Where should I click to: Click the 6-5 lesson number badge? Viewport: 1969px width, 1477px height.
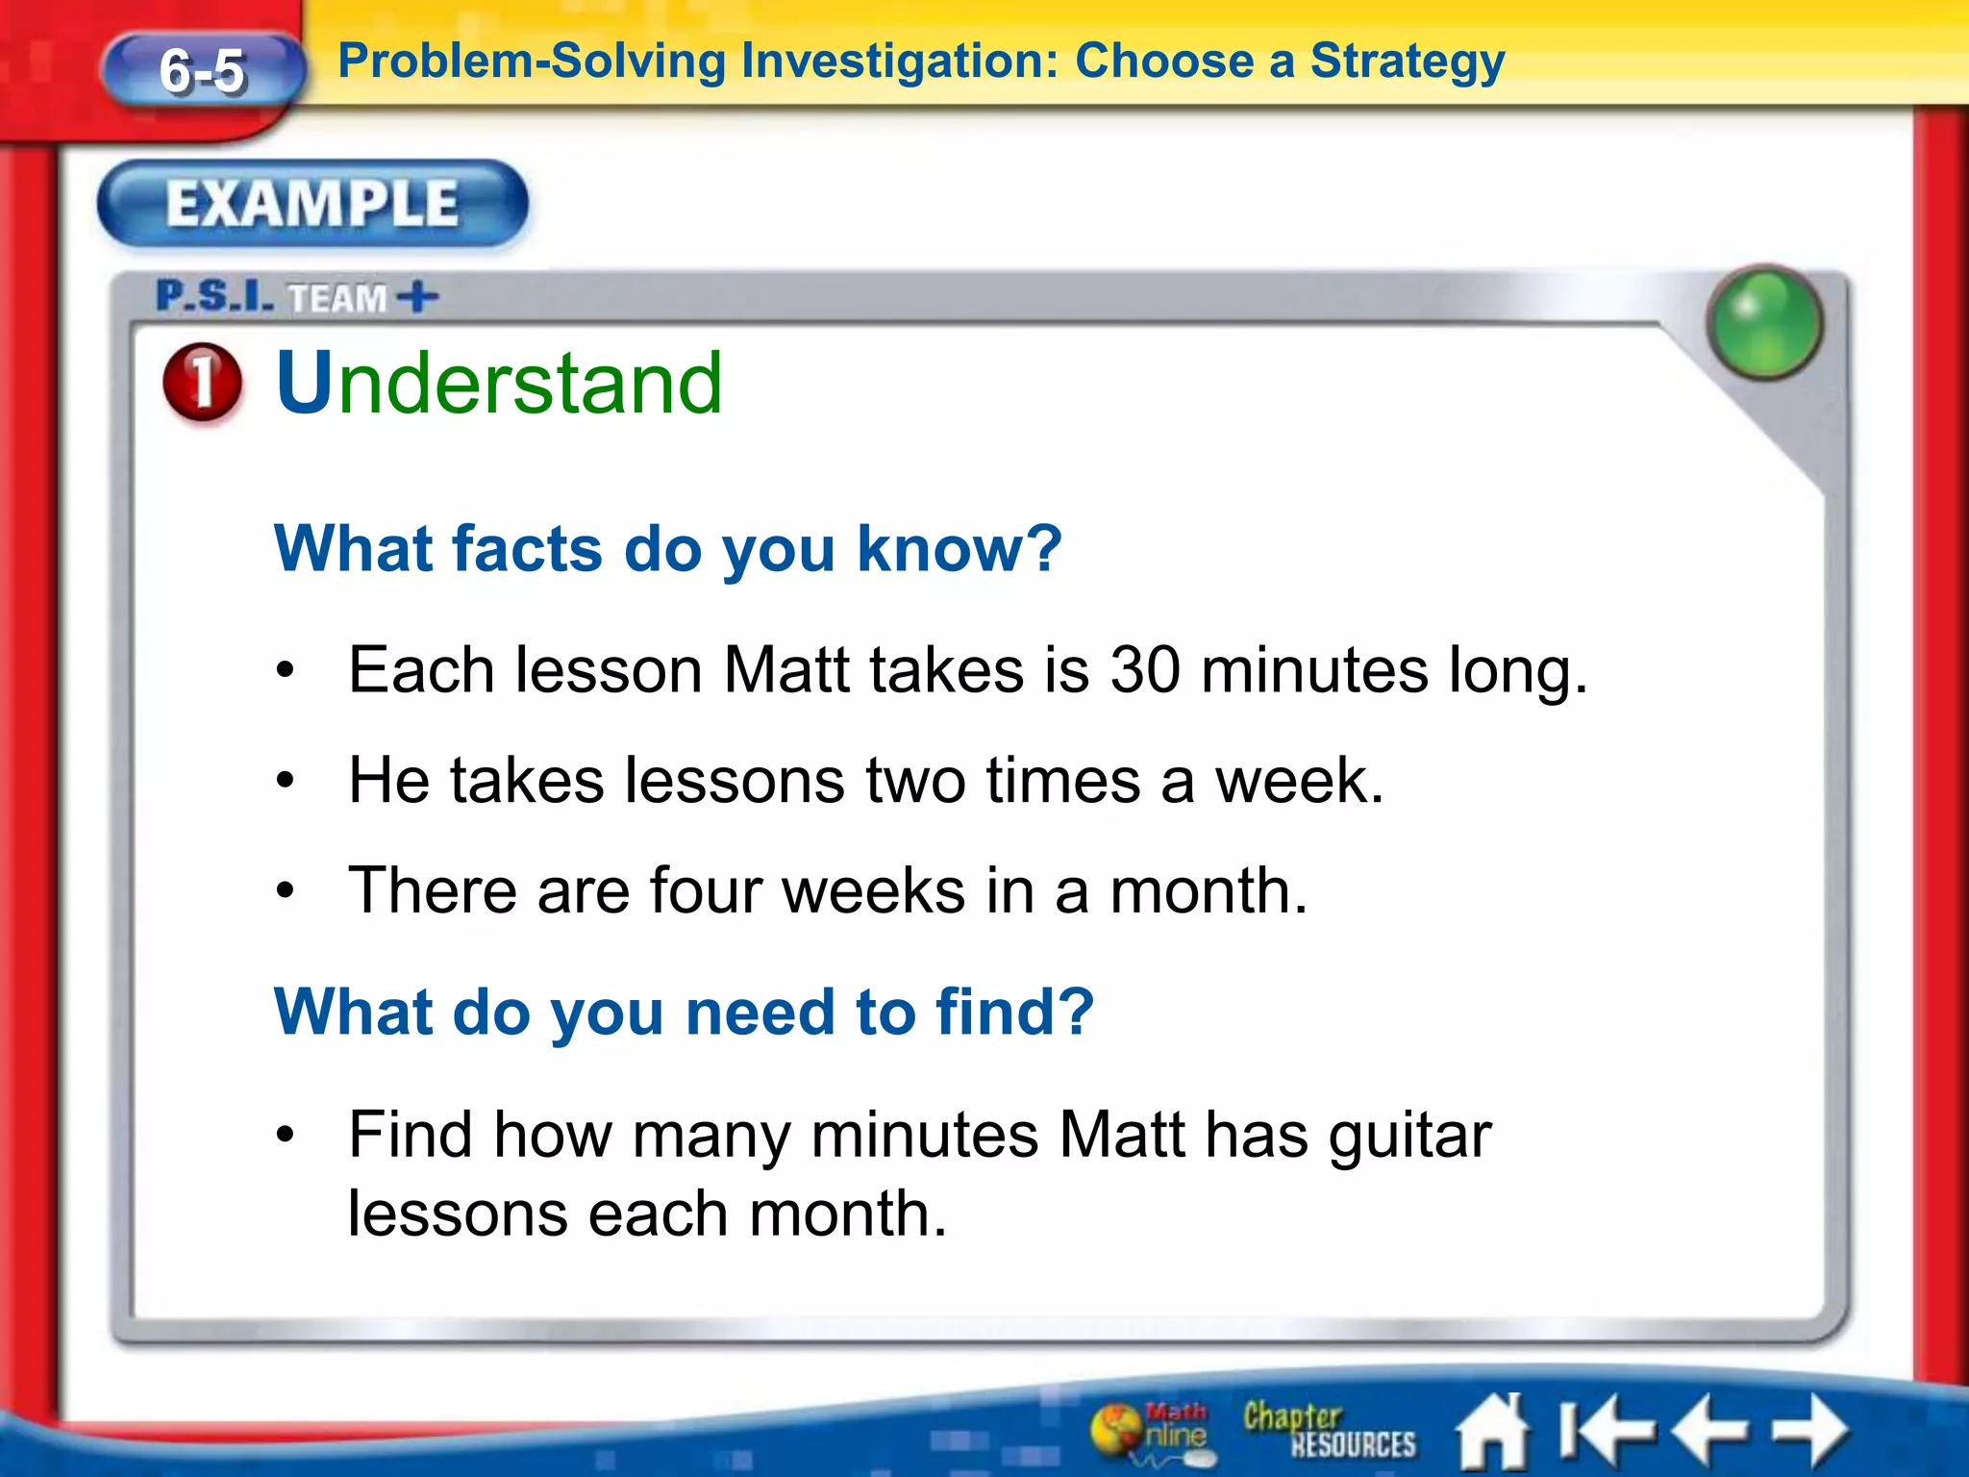(203, 71)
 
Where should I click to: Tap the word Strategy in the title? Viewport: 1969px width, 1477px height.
(1408, 62)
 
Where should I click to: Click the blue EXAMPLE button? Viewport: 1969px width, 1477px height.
(312, 204)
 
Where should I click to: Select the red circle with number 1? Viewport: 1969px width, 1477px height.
(202, 382)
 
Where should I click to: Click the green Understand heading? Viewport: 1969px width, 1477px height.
(499, 383)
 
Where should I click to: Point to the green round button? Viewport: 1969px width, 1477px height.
(1764, 322)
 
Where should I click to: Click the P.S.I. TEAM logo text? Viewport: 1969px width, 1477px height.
(296, 297)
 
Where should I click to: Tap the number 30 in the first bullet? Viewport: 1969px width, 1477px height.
(1145, 669)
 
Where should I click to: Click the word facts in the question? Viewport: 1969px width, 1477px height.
(527, 548)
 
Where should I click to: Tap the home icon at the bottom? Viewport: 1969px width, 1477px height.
(1492, 1432)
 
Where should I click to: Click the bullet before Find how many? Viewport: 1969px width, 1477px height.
(285, 1136)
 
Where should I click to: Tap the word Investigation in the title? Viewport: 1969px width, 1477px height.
(898, 62)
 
